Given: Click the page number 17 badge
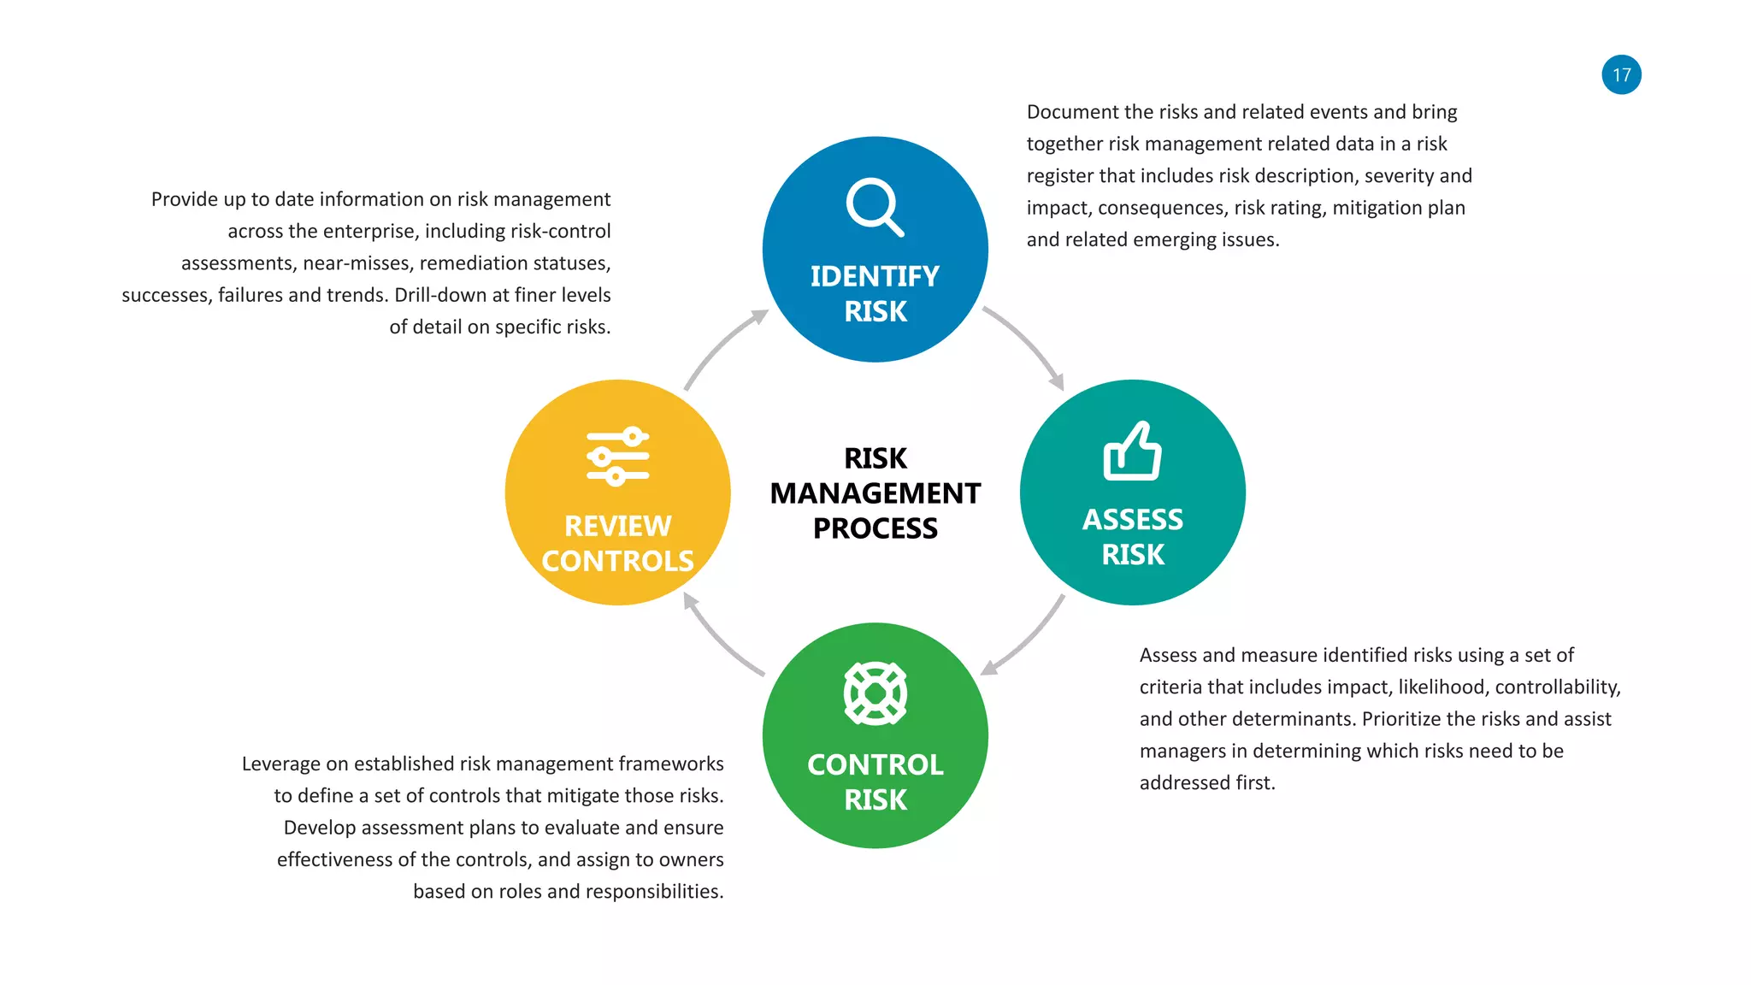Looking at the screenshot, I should (1621, 75).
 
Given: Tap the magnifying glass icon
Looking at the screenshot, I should (875, 207).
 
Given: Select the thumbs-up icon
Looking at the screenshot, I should (1132, 451).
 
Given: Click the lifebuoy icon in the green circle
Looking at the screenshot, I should (875, 693).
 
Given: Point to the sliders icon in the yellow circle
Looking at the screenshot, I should (617, 457).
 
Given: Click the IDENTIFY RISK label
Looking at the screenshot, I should (875, 293).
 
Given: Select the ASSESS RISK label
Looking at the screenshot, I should (1132, 537).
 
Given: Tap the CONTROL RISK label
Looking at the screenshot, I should (875, 782).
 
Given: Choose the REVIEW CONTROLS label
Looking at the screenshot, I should (617, 543).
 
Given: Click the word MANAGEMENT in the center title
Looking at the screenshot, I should (875, 493).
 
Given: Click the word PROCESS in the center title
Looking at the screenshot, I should (875, 528).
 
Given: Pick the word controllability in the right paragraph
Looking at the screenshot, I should (1557, 687).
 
